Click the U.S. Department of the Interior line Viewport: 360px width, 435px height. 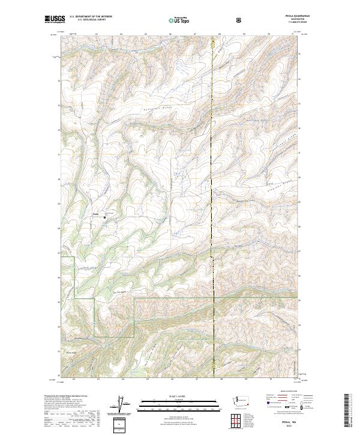(91, 16)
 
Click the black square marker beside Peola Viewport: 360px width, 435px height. (104, 218)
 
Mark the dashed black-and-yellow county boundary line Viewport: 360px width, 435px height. (214, 180)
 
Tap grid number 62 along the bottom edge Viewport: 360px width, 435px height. (73, 379)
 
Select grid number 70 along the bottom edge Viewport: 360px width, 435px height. (270, 379)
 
